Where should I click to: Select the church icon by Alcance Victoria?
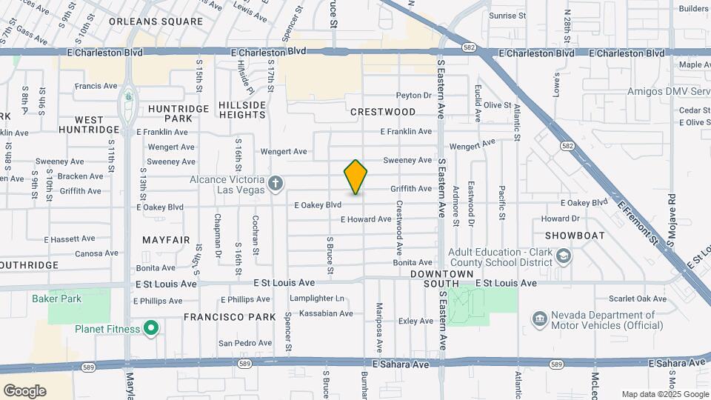click(276, 183)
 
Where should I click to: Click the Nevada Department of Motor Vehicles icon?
click(539, 319)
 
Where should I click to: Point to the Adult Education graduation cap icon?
click(564, 256)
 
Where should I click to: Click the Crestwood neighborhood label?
click(383, 112)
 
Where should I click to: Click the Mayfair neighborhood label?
click(166, 240)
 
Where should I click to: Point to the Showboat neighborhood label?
click(575, 236)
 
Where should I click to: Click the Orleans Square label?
click(156, 21)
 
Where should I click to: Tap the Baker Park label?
click(56, 299)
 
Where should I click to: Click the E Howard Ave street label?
click(366, 219)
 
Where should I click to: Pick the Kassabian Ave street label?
click(326, 313)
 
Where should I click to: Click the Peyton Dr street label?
click(413, 96)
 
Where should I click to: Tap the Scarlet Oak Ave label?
click(638, 299)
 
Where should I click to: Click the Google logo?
click(24, 391)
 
